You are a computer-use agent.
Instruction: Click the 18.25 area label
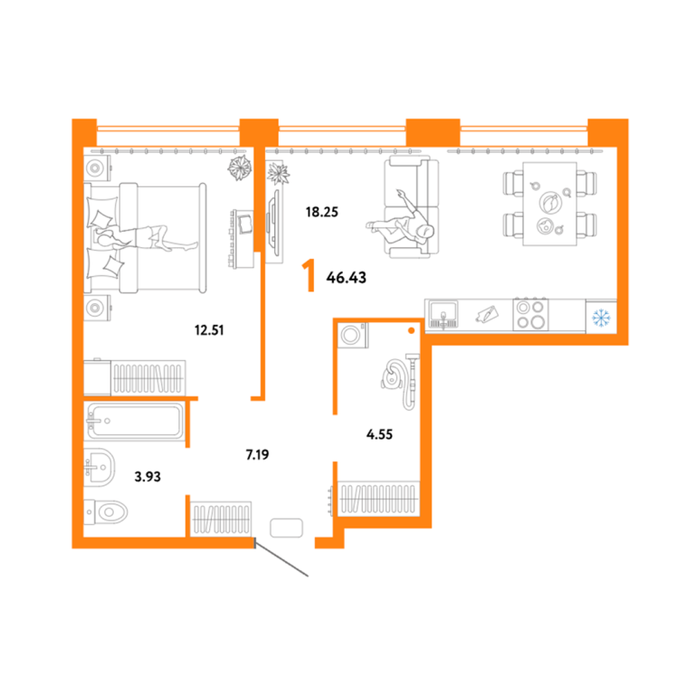[x=322, y=212]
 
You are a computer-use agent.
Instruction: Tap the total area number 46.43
[x=347, y=278]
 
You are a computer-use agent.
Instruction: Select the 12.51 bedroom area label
[x=209, y=330]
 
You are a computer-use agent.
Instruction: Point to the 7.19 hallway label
[x=258, y=454]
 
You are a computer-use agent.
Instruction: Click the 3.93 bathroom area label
[x=148, y=477]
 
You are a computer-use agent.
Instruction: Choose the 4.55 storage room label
[x=379, y=434]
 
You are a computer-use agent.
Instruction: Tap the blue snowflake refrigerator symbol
[x=601, y=318]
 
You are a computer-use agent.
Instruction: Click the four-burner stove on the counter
[x=530, y=314]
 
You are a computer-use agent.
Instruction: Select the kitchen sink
[x=443, y=314]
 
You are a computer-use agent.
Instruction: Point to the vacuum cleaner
[x=400, y=380]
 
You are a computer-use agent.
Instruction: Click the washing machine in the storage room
[x=352, y=335]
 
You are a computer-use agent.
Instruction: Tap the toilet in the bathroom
[x=106, y=512]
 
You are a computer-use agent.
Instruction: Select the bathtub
[x=135, y=421]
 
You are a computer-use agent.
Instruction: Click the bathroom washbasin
[x=100, y=467]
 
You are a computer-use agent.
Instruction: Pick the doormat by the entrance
[x=286, y=528]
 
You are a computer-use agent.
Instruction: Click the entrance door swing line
[x=281, y=557]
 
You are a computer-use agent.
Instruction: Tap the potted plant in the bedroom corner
[x=240, y=168]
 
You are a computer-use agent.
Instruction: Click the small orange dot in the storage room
[x=412, y=330]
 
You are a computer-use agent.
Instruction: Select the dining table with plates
[x=549, y=204]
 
